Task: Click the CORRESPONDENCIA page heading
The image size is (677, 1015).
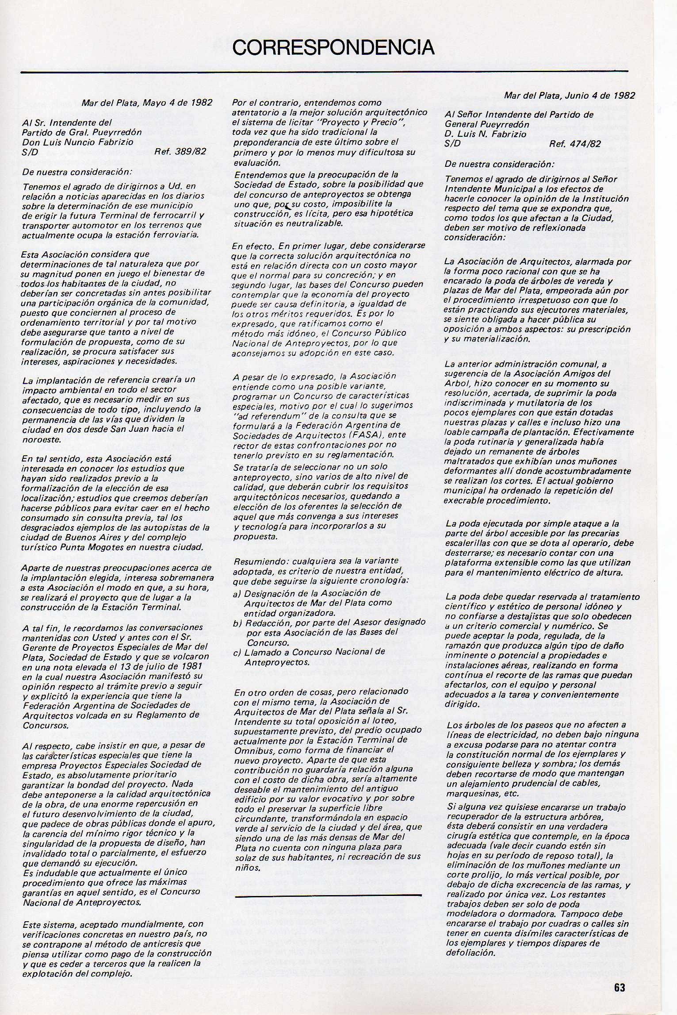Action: [333, 47]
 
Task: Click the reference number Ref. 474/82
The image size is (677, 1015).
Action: [575, 143]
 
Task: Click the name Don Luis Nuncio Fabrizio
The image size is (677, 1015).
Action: [71, 142]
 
